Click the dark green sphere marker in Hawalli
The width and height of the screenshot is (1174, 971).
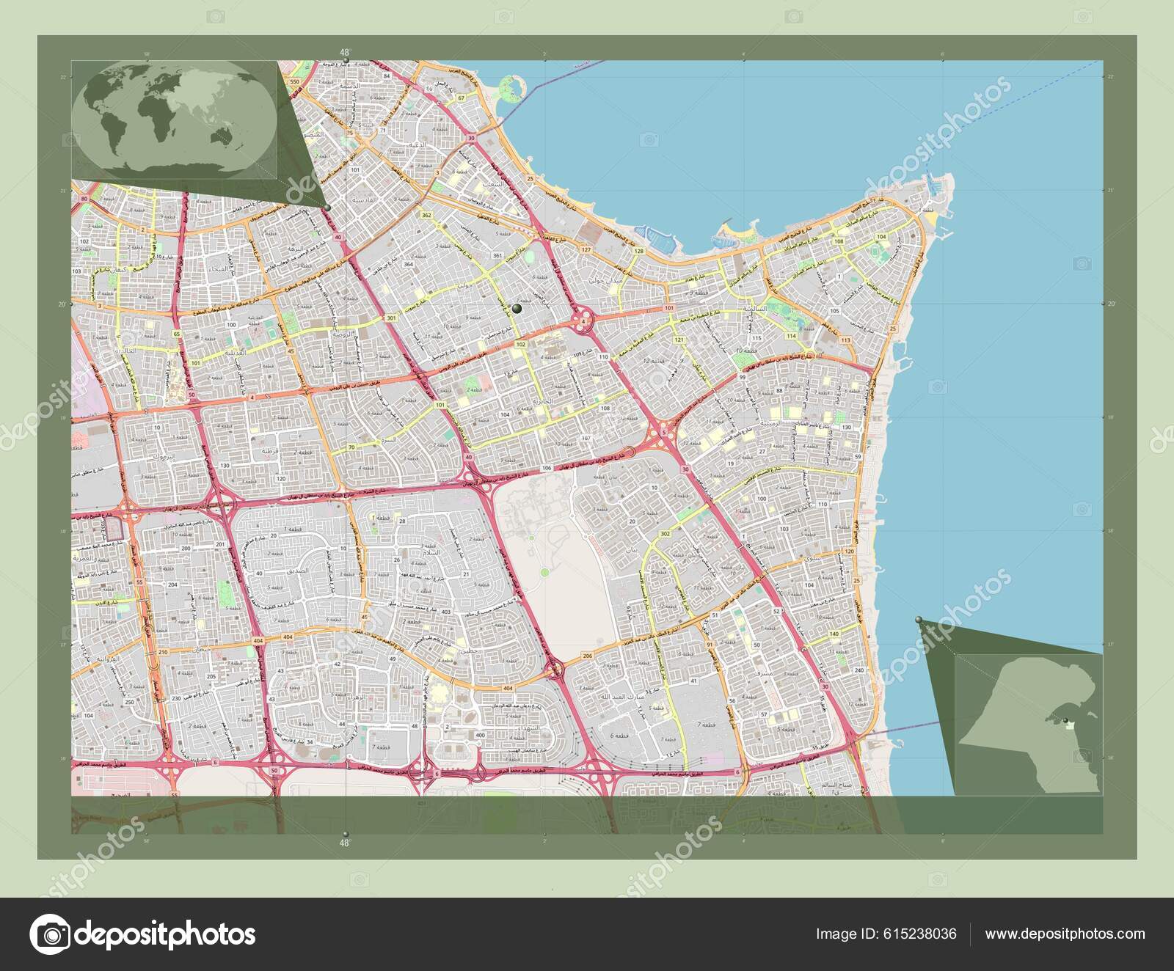[517, 309]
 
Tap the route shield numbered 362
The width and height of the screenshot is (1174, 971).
[426, 215]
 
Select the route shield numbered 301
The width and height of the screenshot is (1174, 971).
[391, 318]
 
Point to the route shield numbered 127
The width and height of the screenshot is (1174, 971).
[586, 250]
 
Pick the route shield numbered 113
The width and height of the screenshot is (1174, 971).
[845, 340]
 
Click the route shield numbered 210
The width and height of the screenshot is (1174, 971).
[163, 652]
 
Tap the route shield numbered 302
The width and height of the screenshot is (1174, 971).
[666, 533]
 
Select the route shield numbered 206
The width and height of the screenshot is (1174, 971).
[586, 655]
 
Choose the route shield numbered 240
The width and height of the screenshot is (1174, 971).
[859, 670]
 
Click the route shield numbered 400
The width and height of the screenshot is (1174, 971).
[480, 734]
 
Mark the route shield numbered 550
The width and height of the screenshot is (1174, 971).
[294, 83]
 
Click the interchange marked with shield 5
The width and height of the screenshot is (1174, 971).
[664, 433]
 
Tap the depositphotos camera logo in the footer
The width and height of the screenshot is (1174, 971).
[49, 934]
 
